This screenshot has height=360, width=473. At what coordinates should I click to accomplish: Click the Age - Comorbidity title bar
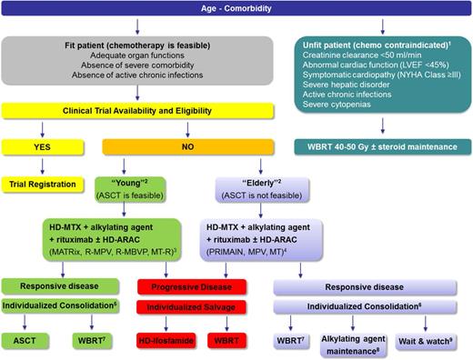pyautogui.click(x=236, y=10)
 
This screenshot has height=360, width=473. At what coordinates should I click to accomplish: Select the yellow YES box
pyautogui.click(x=40, y=146)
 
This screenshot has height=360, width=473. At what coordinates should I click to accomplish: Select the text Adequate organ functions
pyautogui.click(x=127, y=55)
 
